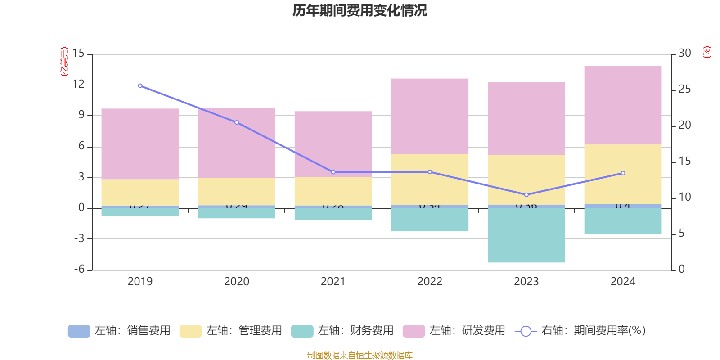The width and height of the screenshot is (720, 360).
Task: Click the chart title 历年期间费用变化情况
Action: coord(360,10)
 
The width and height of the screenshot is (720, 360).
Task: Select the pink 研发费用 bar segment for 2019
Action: coord(140,144)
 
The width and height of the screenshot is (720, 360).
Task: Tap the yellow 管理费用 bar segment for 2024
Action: coord(623,174)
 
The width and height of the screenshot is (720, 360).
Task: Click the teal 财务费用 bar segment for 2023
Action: coord(526,235)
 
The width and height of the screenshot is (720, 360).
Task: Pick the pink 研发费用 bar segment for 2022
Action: coord(430,116)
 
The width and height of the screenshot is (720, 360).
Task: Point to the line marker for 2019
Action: coord(140,85)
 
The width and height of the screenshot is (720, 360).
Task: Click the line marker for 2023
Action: coord(526,195)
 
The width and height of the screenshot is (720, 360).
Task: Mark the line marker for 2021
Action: coord(333,172)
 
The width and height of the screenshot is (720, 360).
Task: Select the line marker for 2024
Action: coord(623,173)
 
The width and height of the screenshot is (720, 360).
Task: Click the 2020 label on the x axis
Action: coord(237,282)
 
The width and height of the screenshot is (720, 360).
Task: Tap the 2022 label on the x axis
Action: coord(430,282)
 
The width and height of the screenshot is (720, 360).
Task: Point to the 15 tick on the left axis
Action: coord(78,54)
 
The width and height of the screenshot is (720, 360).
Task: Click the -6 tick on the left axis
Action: coord(79,269)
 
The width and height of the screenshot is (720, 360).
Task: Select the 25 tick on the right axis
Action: coord(684,90)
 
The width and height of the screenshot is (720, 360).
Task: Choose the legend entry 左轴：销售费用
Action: coord(119,331)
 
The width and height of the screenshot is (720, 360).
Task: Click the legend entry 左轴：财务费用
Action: coord(342,331)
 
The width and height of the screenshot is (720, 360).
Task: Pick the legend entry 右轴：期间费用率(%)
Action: coord(580,331)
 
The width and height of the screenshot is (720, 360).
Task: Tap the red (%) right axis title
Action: coord(707,52)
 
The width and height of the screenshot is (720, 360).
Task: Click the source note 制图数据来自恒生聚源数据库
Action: coord(360,355)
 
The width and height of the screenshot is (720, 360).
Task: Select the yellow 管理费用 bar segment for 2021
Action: coord(333,191)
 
